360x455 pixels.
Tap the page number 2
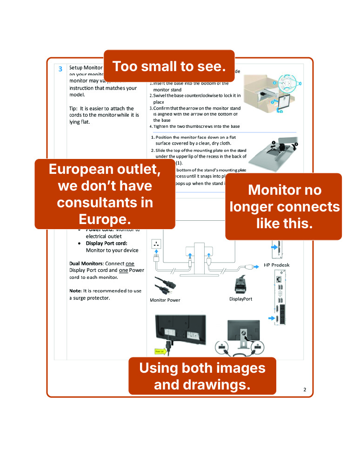click(305, 389)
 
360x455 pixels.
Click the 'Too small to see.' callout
click(169, 66)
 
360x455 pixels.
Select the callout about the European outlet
click(105, 194)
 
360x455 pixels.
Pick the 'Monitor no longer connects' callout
click(284, 206)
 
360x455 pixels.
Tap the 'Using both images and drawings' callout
click(202, 376)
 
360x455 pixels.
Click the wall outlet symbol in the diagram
click(156, 244)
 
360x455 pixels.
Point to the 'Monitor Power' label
click(165, 300)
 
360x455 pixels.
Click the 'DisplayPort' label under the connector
click(240, 299)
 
